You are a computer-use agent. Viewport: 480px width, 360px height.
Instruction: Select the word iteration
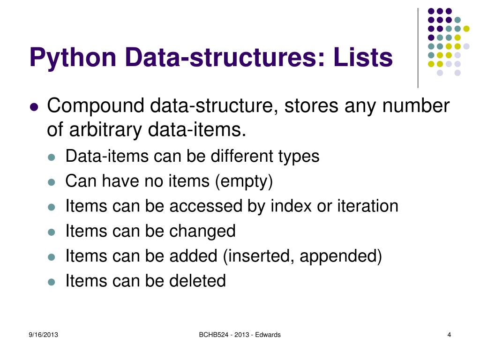[367, 206]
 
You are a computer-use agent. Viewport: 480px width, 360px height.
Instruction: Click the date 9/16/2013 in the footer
[43, 335]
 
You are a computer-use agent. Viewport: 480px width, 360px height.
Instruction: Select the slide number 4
[449, 335]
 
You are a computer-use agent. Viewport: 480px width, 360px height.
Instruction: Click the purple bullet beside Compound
[33, 107]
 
